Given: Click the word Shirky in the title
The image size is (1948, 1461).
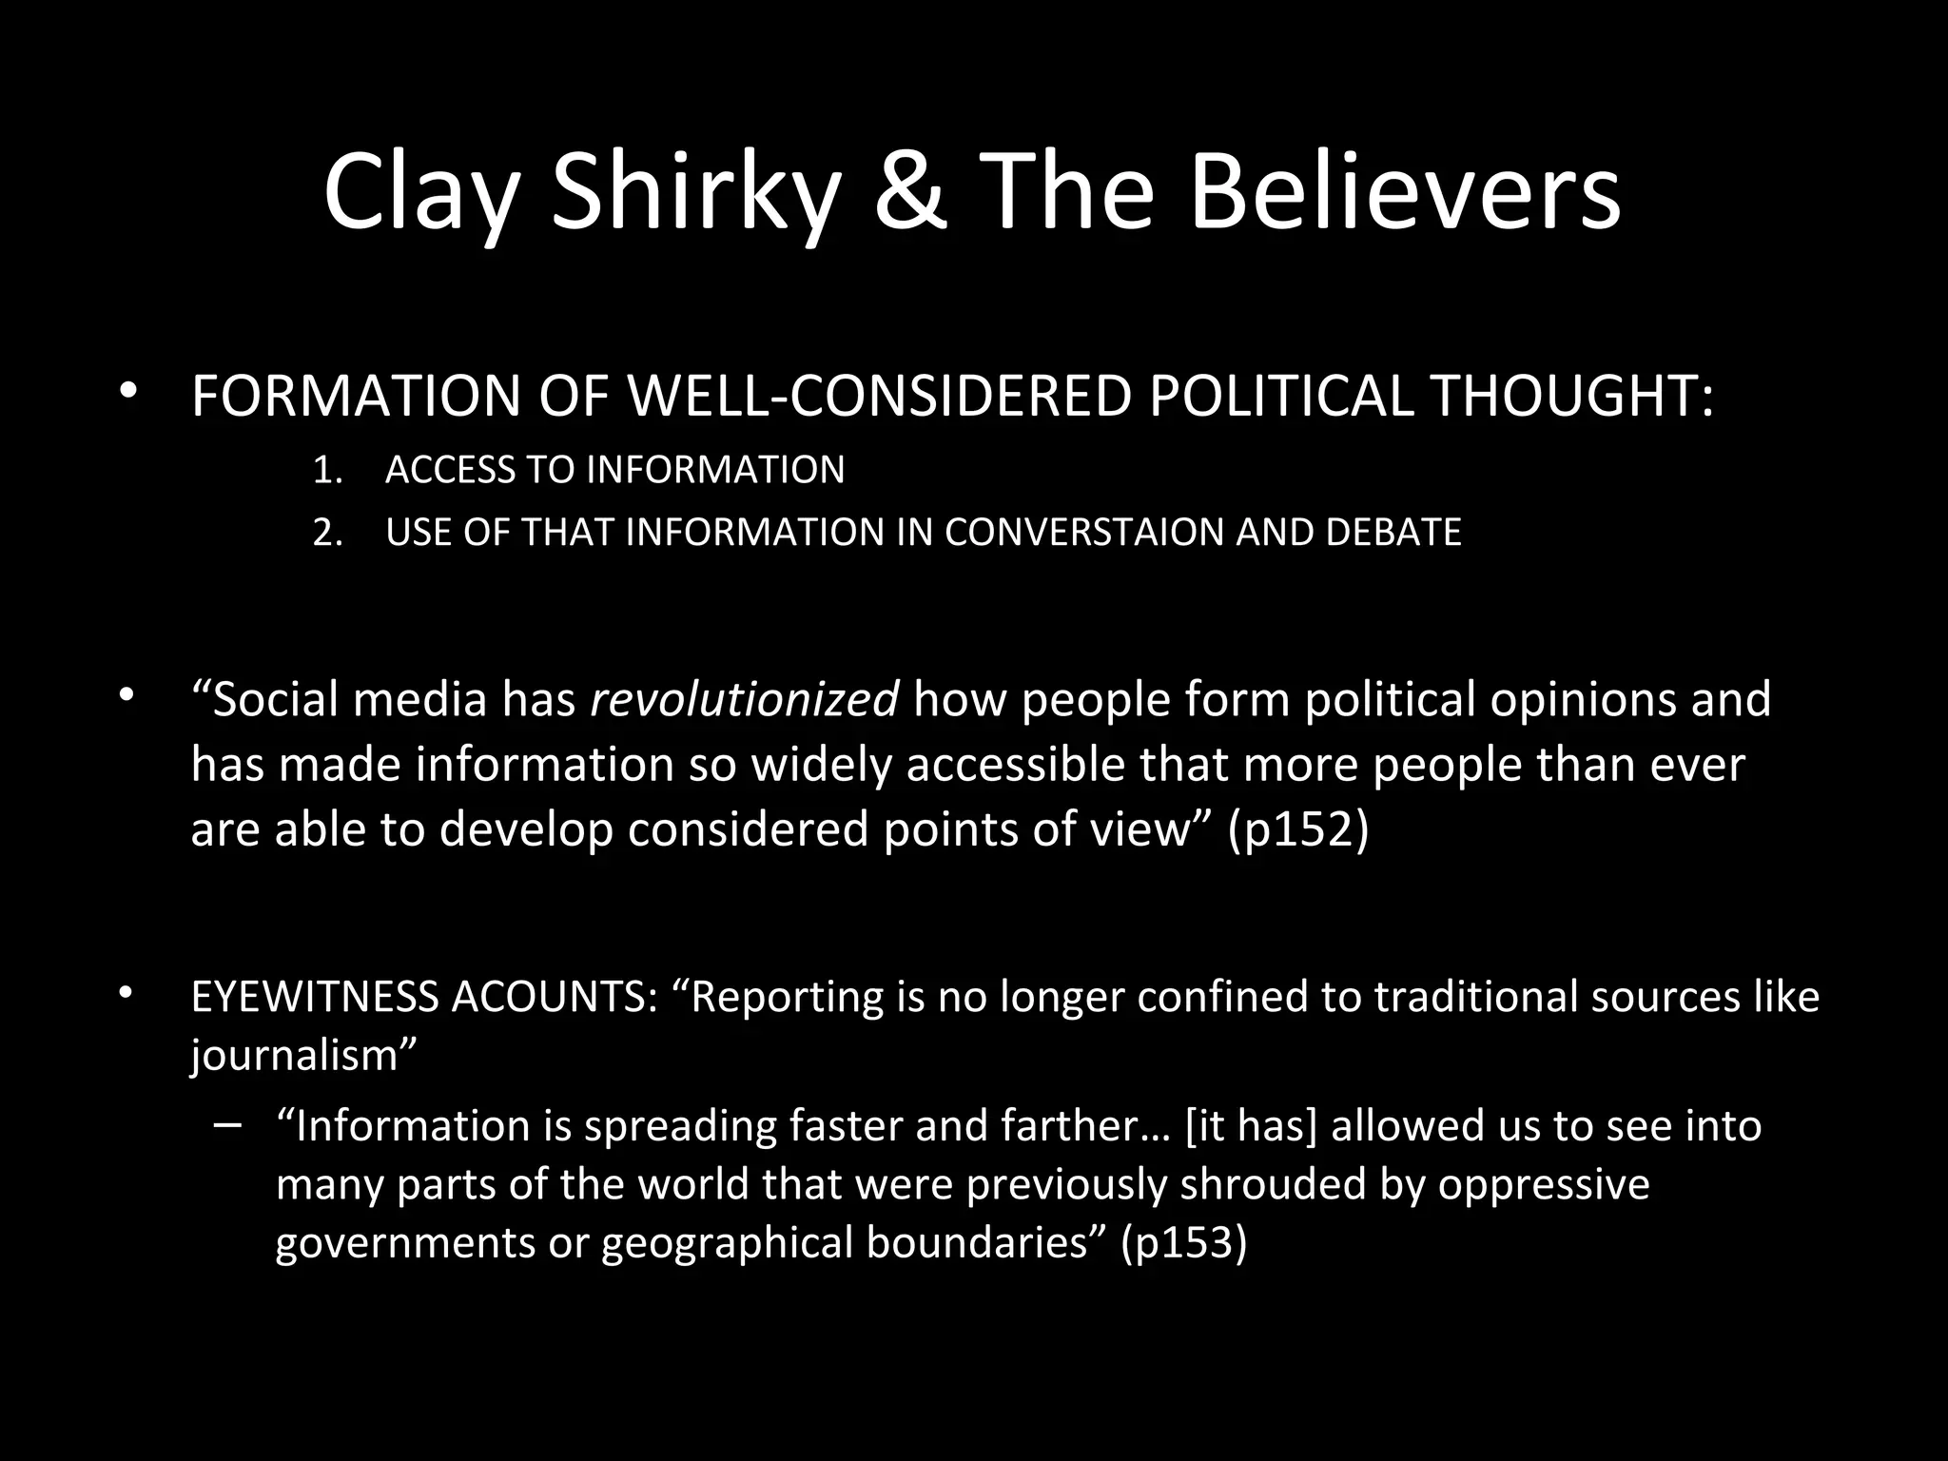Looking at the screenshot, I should click(696, 195).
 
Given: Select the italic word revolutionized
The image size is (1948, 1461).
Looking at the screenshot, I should click(744, 700).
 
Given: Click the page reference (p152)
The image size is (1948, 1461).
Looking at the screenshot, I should click(1298, 829).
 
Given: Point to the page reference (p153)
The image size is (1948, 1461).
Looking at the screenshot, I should click(1183, 1243).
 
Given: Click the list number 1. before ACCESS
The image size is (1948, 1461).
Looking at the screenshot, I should click(327, 471).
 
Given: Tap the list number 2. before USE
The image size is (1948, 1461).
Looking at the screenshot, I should click(327, 533).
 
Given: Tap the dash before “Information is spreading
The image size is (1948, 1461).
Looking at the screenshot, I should click(228, 1125).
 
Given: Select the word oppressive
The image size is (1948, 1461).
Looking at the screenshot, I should click(1543, 1185).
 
